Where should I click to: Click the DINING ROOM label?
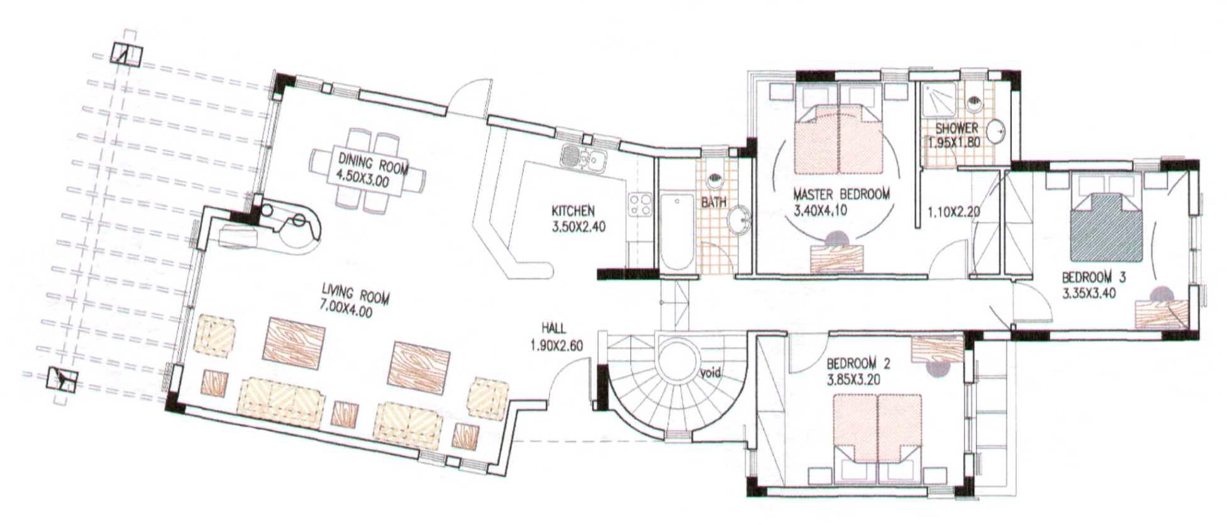373,162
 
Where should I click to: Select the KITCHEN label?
573,211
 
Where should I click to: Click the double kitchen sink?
583,157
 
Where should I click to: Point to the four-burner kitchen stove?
640,204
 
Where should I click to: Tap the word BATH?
714,202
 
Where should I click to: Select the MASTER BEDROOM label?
841,194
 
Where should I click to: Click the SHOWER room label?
956,129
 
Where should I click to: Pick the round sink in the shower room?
995,131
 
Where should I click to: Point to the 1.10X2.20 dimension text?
953,212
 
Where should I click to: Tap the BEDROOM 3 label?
1094,277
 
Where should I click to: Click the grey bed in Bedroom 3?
1106,226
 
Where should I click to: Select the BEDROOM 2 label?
858,363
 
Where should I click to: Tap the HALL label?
553,328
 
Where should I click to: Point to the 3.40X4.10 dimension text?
820,210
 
